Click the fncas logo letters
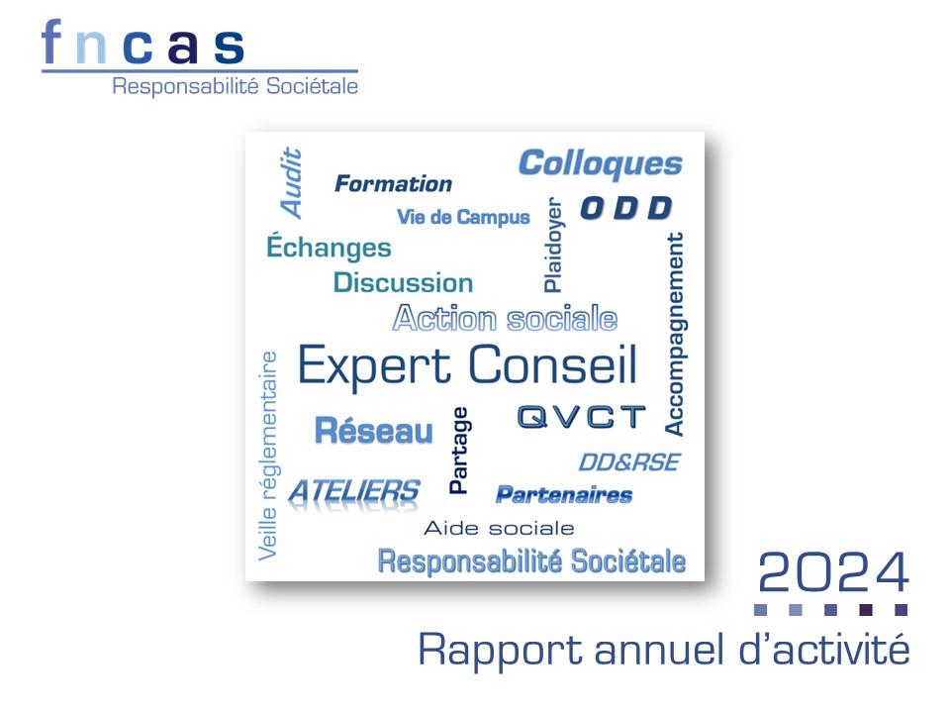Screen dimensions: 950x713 (x=142, y=42)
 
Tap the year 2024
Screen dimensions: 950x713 (x=833, y=572)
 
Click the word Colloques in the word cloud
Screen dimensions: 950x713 (x=601, y=163)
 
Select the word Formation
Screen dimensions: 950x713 (x=393, y=184)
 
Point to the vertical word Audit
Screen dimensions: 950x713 (x=291, y=182)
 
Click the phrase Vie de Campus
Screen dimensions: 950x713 (x=463, y=217)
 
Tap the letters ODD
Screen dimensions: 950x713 (x=626, y=208)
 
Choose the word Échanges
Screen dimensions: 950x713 (x=329, y=247)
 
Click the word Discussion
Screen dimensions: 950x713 (x=404, y=283)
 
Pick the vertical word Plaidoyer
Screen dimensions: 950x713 (x=553, y=245)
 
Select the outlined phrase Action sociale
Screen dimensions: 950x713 (x=506, y=318)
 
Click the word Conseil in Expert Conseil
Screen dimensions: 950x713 (x=552, y=365)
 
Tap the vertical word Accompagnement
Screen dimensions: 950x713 (x=675, y=334)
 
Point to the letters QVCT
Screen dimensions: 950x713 (x=582, y=417)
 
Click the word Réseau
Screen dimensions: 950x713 (x=374, y=431)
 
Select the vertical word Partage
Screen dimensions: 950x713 (x=458, y=451)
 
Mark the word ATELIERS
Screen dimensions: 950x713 (x=354, y=492)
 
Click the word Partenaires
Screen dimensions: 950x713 (x=564, y=495)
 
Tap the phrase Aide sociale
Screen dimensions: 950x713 (x=499, y=528)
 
